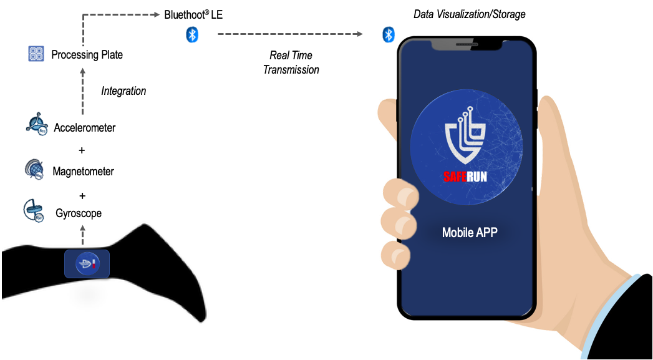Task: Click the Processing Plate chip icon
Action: coord(36,54)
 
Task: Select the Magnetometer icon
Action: coord(35,170)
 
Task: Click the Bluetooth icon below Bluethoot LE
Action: coord(191,35)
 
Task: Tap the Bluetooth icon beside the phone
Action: coord(389,34)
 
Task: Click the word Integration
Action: coord(123,91)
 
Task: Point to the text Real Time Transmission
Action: coord(291,62)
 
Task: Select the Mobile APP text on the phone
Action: coord(470,233)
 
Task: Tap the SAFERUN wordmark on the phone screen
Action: coord(465,177)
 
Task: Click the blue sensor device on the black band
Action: coord(87,264)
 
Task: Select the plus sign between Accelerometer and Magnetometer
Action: coord(82,150)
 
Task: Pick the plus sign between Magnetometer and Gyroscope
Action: coord(82,195)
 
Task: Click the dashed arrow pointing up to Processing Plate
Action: coord(82,94)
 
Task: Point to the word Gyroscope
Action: coord(79,213)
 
